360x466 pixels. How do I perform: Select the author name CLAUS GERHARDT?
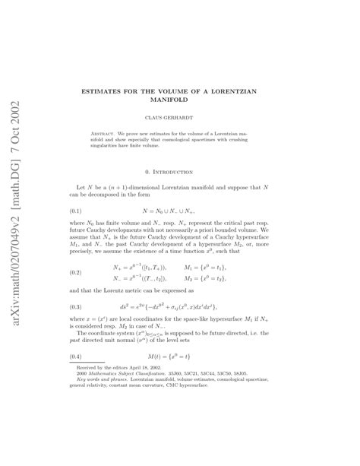(180, 119)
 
